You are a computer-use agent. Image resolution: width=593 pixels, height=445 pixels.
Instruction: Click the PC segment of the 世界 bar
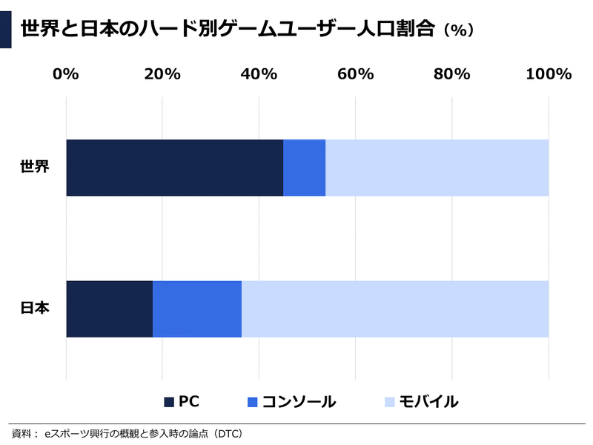pos(174,168)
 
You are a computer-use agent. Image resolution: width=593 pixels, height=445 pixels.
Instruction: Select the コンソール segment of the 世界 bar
pos(304,168)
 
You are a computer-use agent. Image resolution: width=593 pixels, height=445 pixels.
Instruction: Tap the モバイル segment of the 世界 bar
pos(437,168)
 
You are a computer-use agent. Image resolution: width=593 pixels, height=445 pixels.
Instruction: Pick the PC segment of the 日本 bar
pos(109,309)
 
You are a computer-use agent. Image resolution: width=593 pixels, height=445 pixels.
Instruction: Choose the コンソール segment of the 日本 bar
pos(196,309)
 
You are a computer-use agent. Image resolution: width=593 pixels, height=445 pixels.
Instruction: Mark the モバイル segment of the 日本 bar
pos(395,309)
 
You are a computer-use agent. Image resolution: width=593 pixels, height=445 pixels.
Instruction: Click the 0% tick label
pos(66,74)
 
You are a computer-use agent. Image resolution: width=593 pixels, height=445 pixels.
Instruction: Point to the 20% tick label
pos(162,74)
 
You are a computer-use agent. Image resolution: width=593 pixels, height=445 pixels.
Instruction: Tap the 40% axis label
pos(259,74)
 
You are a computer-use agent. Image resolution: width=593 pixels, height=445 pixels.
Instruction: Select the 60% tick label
pos(355,74)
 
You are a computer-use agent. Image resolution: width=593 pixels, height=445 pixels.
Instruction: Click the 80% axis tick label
pos(451,74)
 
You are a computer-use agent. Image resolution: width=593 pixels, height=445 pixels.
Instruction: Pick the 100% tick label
pos(548,74)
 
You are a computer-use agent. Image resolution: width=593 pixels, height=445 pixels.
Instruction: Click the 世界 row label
pos(35,167)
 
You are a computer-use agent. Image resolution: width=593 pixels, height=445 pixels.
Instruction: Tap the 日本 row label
pos(35,308)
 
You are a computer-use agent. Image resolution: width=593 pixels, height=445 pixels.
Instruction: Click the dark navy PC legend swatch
pos(169,402)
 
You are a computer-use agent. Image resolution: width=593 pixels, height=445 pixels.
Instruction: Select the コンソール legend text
pos(299,402)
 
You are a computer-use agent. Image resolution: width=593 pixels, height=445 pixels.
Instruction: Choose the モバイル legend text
pos(429,402)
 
